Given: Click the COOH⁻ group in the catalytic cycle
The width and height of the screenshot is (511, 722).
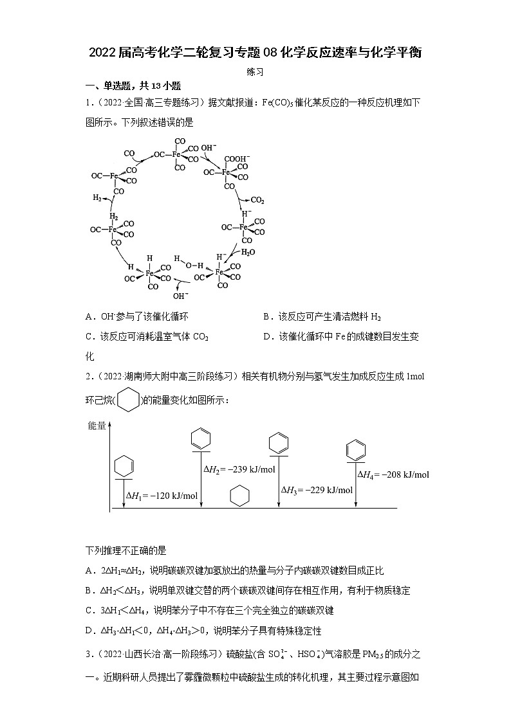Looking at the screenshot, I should click(x=236, y=158).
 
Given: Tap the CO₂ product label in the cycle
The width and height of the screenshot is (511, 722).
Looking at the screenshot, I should click(x=257, y=200).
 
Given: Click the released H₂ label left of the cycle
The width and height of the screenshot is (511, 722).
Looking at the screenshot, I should click(x=98, y=197).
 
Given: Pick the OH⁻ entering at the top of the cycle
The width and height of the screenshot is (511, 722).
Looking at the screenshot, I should click(x=208, y=148).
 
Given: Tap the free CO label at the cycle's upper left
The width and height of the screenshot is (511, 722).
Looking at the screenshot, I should click(x=130, y=154).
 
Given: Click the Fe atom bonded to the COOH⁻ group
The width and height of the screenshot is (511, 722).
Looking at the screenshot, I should click(x=226, y=172).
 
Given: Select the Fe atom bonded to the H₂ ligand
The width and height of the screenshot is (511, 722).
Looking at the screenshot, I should click(x=113, y=229).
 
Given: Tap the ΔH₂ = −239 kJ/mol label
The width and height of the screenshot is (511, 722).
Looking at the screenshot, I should click(x=239, y=469).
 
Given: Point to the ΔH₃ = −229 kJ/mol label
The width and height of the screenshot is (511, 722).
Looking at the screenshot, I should click(x=317, y=490).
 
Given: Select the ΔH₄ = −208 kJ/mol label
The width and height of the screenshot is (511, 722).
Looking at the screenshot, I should click(x=393, y=474).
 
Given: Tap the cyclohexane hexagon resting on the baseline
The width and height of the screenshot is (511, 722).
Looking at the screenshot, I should click(x=239, y=496).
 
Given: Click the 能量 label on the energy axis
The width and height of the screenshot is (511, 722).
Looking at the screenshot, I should click(x=97, y=426).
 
